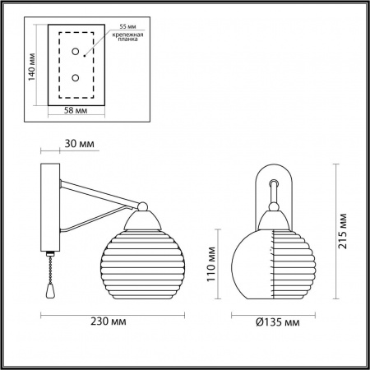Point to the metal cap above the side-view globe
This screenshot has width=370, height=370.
[x=144, y=218]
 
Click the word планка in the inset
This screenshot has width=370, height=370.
[x=127, y=44]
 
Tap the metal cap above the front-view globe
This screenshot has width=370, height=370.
[x=273, y=220]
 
